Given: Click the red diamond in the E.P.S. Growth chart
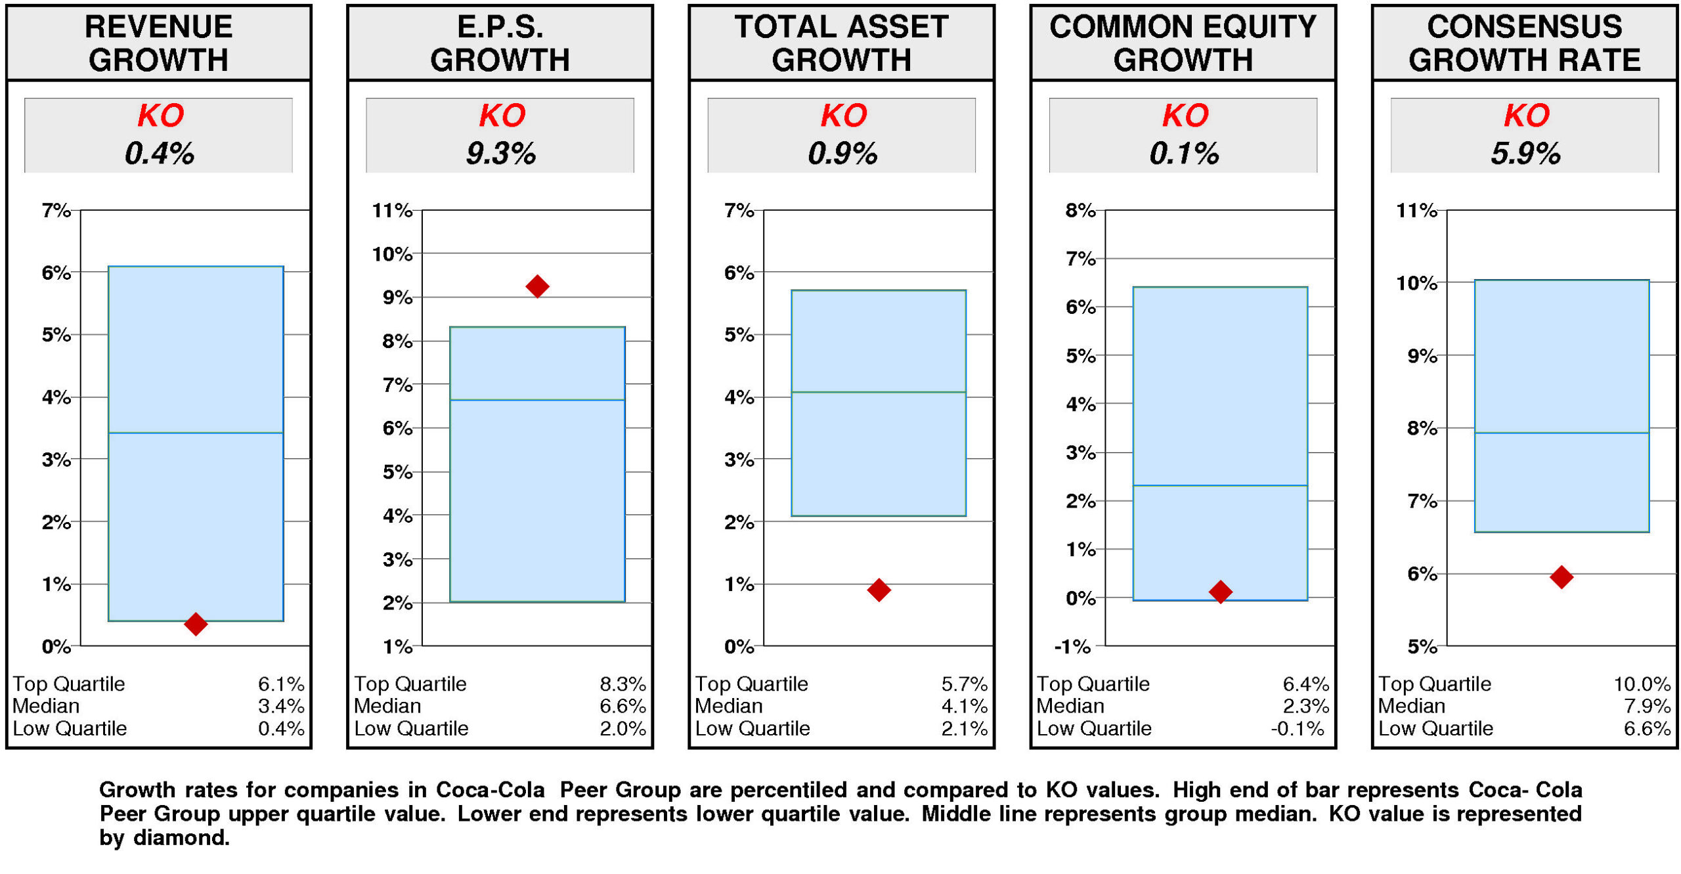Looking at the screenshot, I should click(x=537, y=286).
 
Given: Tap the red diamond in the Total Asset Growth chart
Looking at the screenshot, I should click(x=879, y=590).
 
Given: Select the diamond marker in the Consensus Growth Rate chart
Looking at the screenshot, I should click(x=1561, y=577).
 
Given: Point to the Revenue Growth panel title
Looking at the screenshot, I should click(x=158, y=43).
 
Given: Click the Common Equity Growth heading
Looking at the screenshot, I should click(x=1183, y=43).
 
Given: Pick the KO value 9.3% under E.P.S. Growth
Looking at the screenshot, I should click(x=500, y=154).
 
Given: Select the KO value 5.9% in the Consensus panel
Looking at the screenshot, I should click(x=1525, y=154).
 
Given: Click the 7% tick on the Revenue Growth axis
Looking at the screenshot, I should click(x=56, y=211).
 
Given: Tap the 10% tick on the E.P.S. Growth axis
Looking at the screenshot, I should click(x=393, y=254).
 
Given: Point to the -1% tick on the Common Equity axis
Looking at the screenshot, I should click(x=1073, y=647).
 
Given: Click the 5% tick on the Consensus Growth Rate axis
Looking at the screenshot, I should click(x=1422, y=647).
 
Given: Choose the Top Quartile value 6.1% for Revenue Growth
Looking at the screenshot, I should click(x=281, y=684).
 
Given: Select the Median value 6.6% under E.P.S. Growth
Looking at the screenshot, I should click(x=622, y=707).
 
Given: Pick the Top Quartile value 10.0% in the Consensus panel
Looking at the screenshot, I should click(x=1642, y=684).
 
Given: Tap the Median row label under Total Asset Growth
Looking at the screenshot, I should click(x=729, y=707).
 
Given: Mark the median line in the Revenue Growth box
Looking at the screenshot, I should click(x=196, y=433).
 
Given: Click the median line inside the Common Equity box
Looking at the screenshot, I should click(x=1220, y=485).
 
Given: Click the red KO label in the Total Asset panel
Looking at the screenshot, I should click(x=844, y=116).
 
